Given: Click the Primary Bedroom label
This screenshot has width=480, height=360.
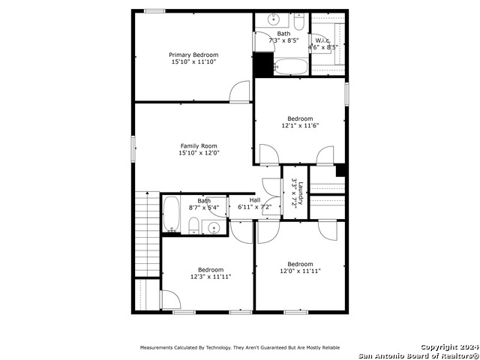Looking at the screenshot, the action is point(193,55).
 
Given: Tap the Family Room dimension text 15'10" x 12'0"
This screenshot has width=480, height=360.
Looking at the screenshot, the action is point(199,153).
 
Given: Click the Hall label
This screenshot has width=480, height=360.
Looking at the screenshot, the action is point(255,200).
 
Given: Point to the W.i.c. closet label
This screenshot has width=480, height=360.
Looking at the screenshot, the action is point(322,40).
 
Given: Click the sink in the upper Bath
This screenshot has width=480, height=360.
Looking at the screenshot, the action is point(273,19).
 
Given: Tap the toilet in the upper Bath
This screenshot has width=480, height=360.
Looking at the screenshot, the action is point(299,22).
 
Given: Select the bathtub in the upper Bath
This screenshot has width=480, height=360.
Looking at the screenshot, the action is point(290,67).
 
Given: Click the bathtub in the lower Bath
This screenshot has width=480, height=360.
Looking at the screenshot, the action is point(171,214).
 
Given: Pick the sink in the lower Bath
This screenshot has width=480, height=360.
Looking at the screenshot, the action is point(213,227).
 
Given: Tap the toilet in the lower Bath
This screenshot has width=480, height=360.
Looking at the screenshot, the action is point(193,226).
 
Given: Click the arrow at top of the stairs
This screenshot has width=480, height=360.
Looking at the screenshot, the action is point(148,193).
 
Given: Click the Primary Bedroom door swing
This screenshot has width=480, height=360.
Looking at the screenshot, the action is point(240,91).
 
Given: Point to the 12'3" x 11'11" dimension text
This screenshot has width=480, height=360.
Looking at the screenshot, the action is point(211,277).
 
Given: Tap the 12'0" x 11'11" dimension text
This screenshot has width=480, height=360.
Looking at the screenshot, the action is point(300,271).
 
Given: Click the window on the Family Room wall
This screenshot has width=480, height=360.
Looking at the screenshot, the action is point(133,148).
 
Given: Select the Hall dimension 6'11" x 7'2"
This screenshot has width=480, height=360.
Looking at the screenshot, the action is point(259,207).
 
